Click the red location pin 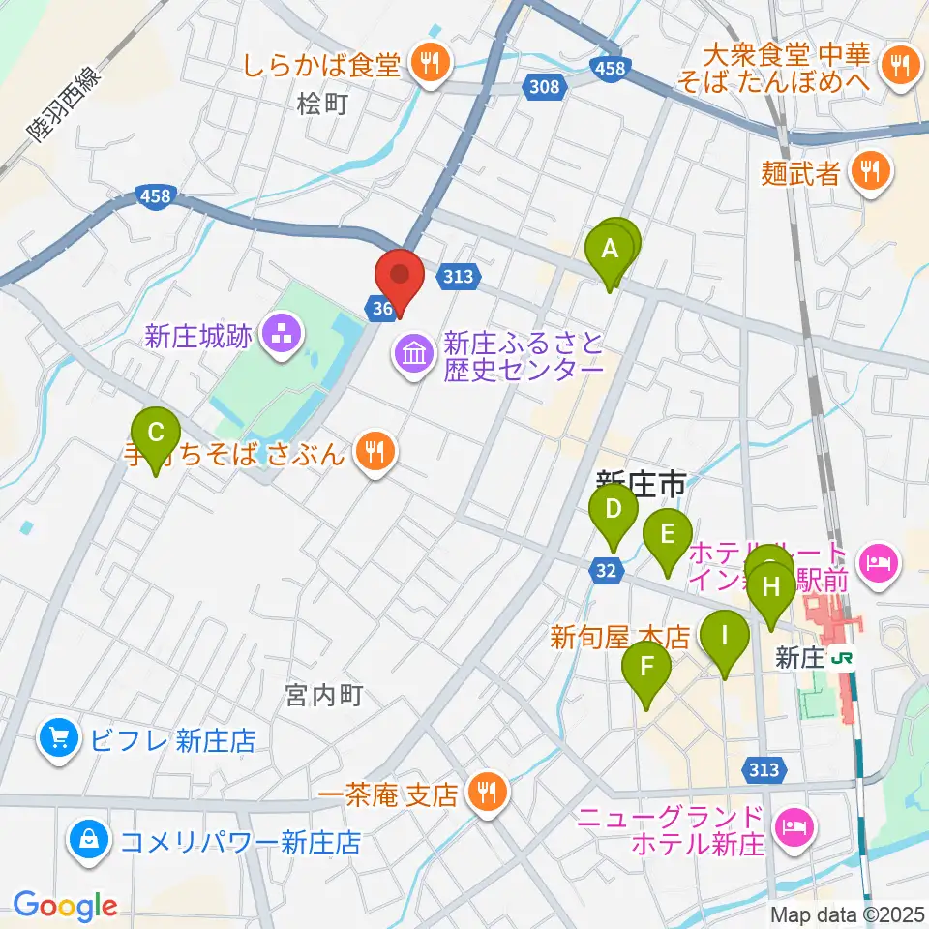pos(401,276)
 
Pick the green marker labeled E pos(668,535)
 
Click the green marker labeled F pos(646,669)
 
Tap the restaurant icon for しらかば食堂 pos(426,64)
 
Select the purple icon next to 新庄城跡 pos(285,336)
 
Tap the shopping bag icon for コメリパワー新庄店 pos(89,840)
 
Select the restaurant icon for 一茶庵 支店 pos(481,794)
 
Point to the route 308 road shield pos(545,88)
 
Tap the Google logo pos(65,906)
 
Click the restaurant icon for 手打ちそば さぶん pos(373,451)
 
